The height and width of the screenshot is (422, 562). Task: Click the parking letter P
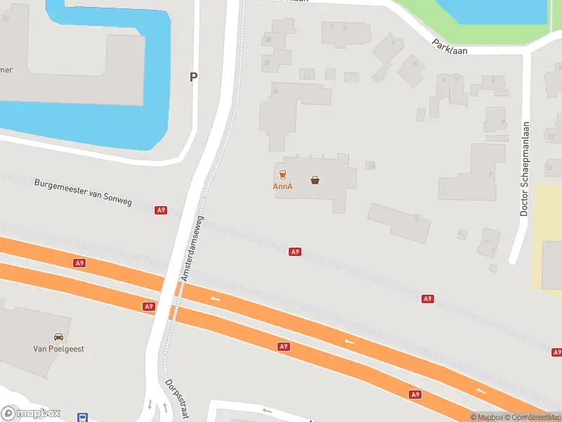193,77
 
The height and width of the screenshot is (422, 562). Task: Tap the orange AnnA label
282,186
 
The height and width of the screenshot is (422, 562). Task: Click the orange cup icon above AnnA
282,174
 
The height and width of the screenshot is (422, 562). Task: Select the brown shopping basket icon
315,180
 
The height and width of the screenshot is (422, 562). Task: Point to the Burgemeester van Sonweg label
83,191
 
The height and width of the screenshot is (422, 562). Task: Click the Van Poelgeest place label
58,349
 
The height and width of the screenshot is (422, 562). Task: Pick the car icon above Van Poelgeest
58,336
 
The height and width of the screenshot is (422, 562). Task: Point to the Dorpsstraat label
176,399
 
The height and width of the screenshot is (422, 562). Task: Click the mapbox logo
30,414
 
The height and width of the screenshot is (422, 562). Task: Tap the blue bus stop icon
82,416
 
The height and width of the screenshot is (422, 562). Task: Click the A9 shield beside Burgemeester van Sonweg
162,210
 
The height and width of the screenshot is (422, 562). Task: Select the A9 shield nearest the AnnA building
295,252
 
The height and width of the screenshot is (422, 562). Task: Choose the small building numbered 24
370,165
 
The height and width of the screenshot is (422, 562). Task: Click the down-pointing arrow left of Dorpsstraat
150,404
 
